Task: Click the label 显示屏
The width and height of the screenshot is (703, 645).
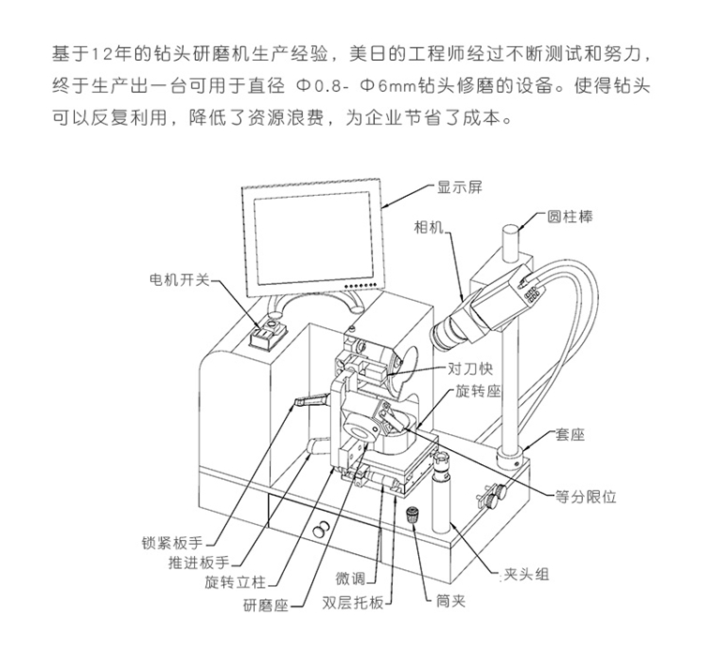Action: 458,187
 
